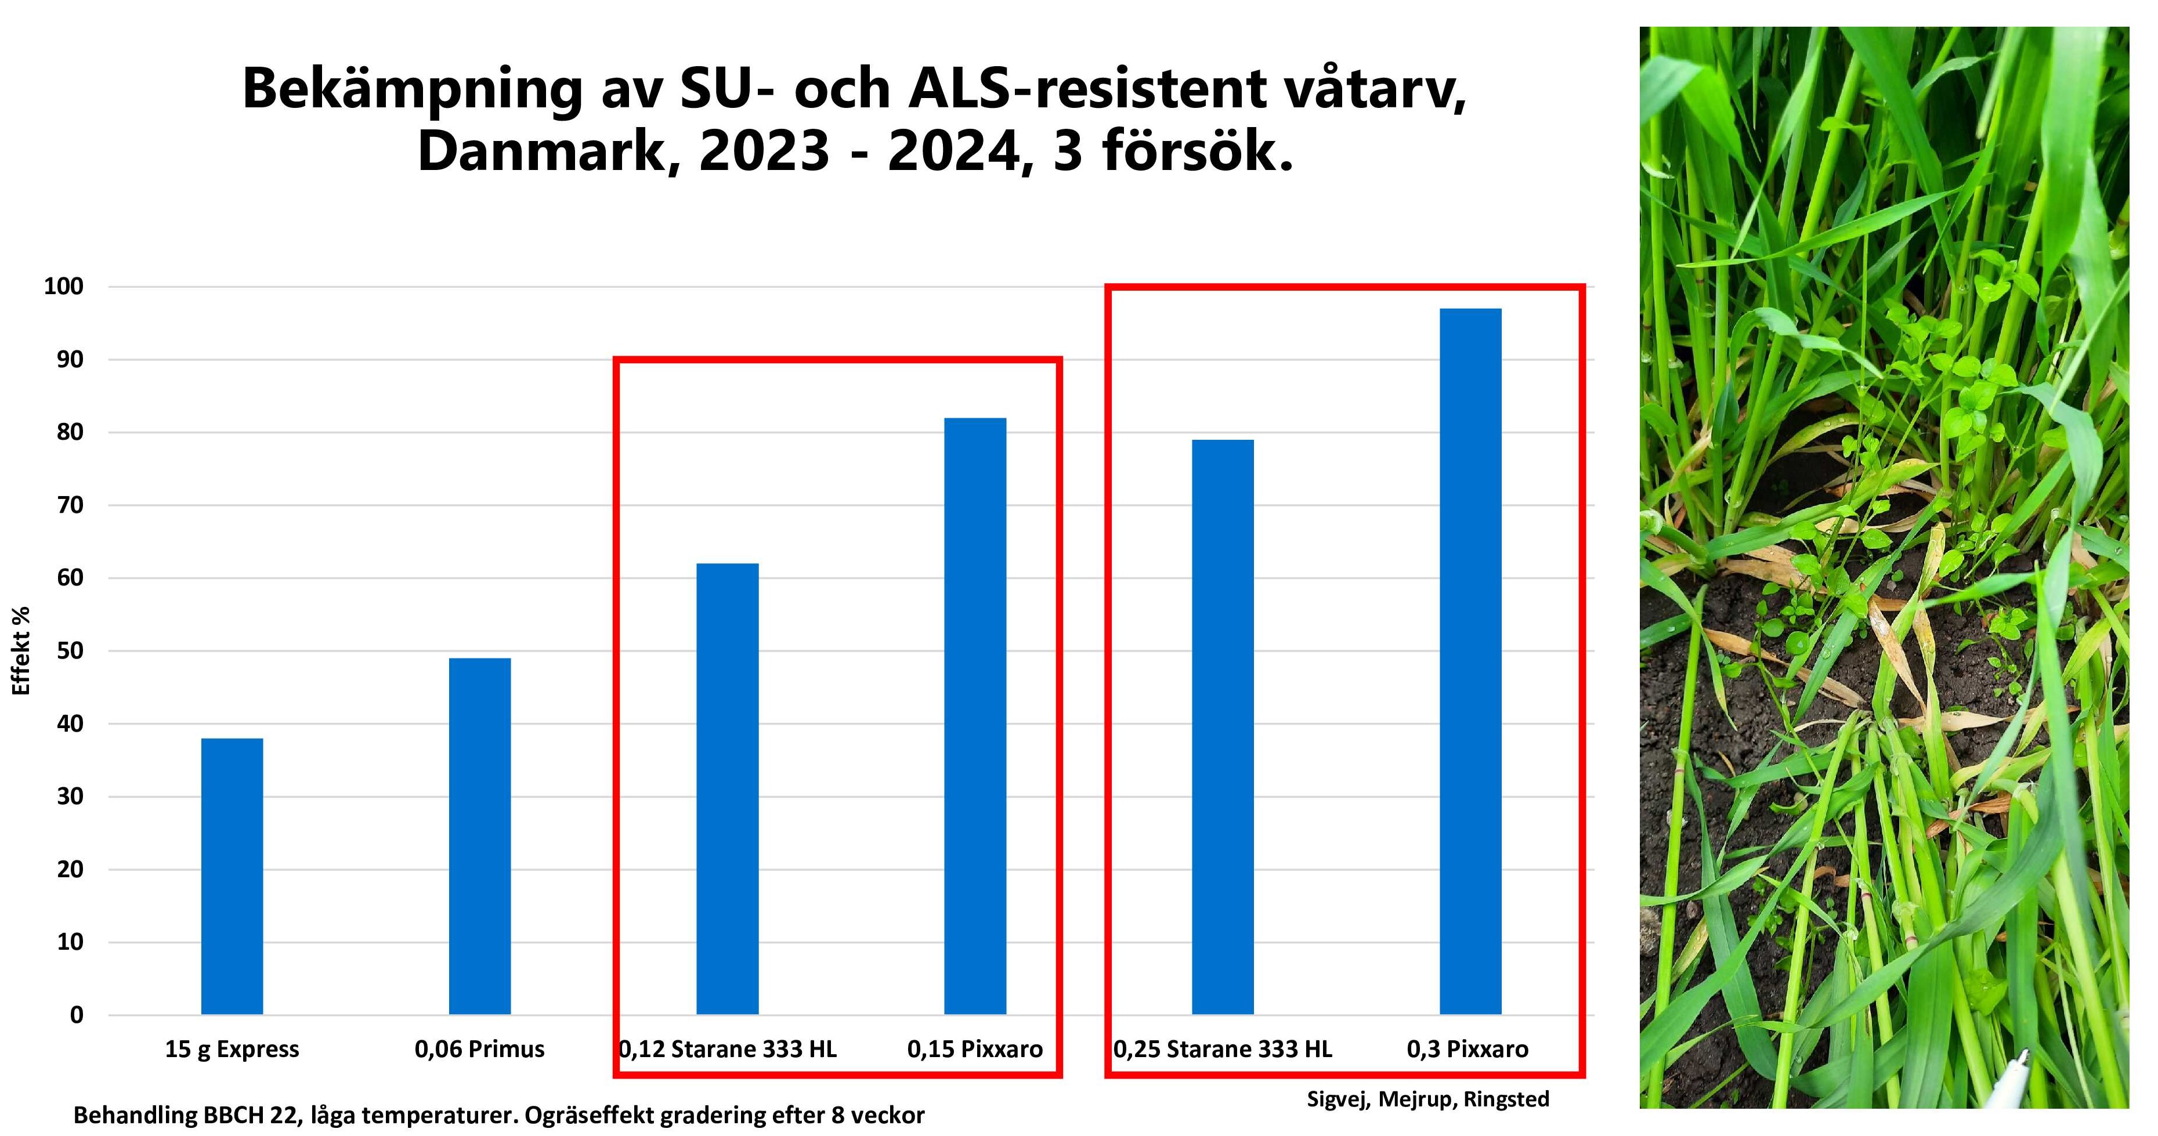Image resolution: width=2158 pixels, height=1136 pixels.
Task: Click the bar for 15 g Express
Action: click(x=232, y=875)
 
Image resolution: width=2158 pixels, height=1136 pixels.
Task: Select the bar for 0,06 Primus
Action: click(x=479, y=836)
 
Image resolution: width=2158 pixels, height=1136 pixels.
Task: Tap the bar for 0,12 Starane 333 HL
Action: click(x=727, y=788)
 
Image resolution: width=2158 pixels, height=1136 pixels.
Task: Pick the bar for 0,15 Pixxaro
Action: click(x=975, y=717)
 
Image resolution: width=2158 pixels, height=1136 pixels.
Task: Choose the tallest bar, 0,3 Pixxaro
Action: click(x=1470, y=662)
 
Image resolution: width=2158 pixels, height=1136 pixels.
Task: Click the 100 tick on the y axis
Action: click(x=64, y=287)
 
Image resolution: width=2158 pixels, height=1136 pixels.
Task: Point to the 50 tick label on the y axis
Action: click(x=70, y=651)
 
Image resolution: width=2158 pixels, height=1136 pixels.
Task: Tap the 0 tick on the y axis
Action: click(x=77, y=1015)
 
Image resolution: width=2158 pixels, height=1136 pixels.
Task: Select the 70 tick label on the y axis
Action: click(x=70, y=505)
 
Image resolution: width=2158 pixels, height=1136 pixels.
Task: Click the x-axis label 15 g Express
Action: click(x=232, y=1049)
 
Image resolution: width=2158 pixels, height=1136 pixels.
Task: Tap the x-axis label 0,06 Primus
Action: click(x=479, y=1049)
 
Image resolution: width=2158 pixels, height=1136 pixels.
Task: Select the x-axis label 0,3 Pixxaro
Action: click(x=1467, y=1049)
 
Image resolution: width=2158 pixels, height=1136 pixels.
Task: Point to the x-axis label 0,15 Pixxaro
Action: click(x=975, y=1049)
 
